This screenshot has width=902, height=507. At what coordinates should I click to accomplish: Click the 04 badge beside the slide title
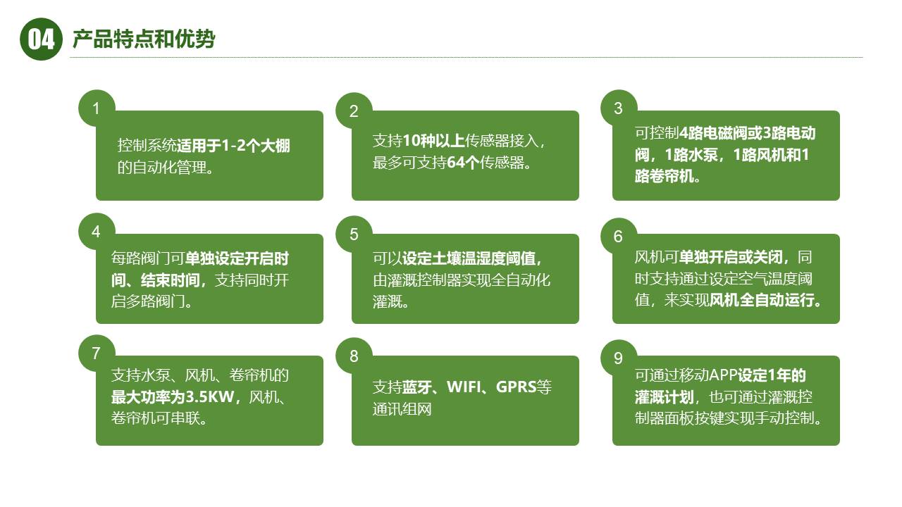coord(42,39)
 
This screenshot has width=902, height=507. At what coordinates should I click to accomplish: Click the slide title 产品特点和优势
coord(144,39)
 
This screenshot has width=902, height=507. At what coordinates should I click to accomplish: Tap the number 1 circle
coord(97,108)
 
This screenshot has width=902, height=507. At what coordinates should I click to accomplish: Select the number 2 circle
coord(354,111)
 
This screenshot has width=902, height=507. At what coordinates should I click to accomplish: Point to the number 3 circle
coord(618,108)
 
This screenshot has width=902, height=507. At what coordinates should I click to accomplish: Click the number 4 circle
coord(97,232)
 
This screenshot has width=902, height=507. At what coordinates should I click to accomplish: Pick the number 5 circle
coord(354,234)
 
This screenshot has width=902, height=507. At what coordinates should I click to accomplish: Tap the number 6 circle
coord(618,237)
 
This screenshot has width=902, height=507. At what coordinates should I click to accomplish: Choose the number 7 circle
coord(97,353)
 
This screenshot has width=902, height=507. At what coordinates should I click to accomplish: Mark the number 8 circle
coord(354,356)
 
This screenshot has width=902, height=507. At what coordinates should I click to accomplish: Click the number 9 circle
coord(618,358)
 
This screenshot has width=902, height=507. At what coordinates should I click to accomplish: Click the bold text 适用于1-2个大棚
coord(233,146)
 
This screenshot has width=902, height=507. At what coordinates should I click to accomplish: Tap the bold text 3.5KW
coord(212,396)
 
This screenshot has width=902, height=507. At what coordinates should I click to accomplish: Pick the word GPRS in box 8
coord(516,387)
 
